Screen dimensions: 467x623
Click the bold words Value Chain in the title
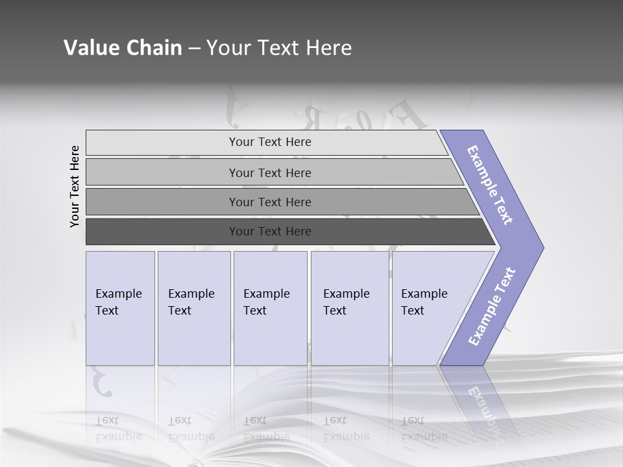(x=123, y=48)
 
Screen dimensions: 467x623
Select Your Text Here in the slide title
(x=279, y=48)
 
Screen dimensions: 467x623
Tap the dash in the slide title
(x=194, y=48)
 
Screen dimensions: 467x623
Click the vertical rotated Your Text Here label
(x=75, y=186)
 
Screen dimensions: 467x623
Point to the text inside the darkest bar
(x=270, y=232)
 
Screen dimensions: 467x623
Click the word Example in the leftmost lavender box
(x=118, y=294)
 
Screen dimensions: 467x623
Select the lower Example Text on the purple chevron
(x=492, y=306)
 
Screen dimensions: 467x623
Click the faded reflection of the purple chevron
(x=480, y=399)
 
